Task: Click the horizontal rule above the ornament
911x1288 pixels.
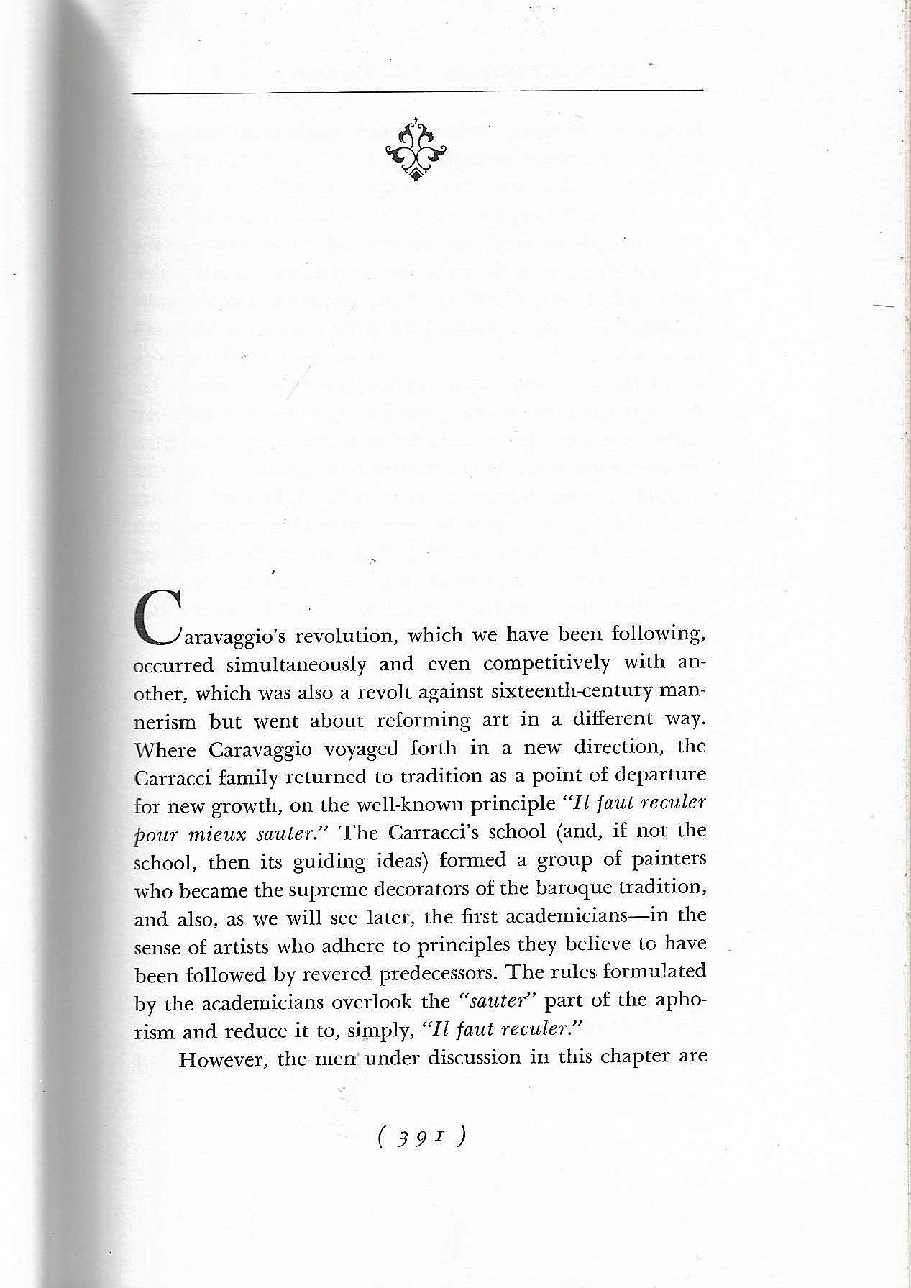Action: coord(417,91)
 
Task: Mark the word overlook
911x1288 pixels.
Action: coord(407,1001)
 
